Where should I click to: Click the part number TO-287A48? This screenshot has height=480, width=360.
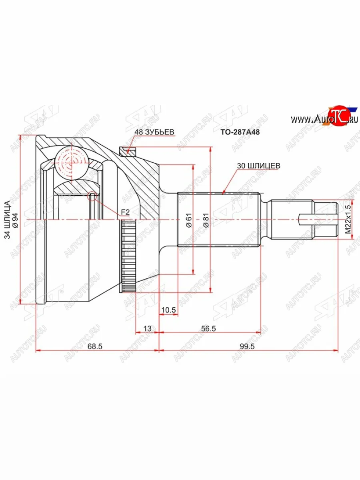coord(240,132)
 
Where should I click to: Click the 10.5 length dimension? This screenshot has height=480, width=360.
coord(168,310)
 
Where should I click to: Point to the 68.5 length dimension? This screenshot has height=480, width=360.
coord(95,347)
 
